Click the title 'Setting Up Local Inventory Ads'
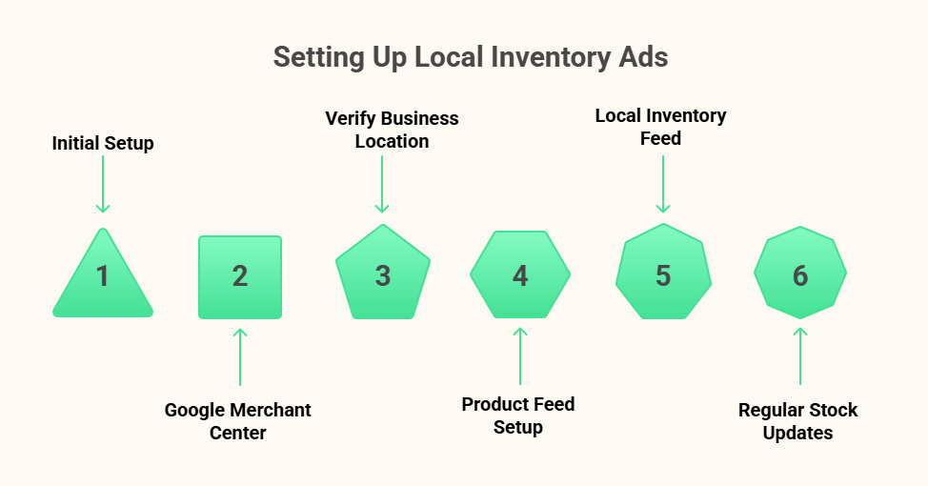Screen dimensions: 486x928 [471, 57]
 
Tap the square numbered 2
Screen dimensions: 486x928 [240, 276]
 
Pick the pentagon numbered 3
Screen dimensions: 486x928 [382, 275]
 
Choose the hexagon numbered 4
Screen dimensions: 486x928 [520, 275]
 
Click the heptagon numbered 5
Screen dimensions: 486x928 [663, 275]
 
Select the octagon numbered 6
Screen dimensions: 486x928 [800, 275]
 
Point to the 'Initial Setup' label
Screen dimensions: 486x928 [103, 144]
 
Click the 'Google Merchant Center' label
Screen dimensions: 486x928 [238, 421]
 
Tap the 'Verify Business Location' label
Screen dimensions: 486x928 [392, 130]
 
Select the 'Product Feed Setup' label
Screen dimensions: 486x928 [518, 415]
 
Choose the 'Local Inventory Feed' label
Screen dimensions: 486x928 [660, 127]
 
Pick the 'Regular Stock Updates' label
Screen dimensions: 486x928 [798, 421]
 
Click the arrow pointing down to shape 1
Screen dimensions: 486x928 [103, 185]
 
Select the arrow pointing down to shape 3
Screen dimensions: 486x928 [382, 185]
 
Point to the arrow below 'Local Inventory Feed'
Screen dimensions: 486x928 [663, 185]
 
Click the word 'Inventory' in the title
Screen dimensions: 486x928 [550, 57]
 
